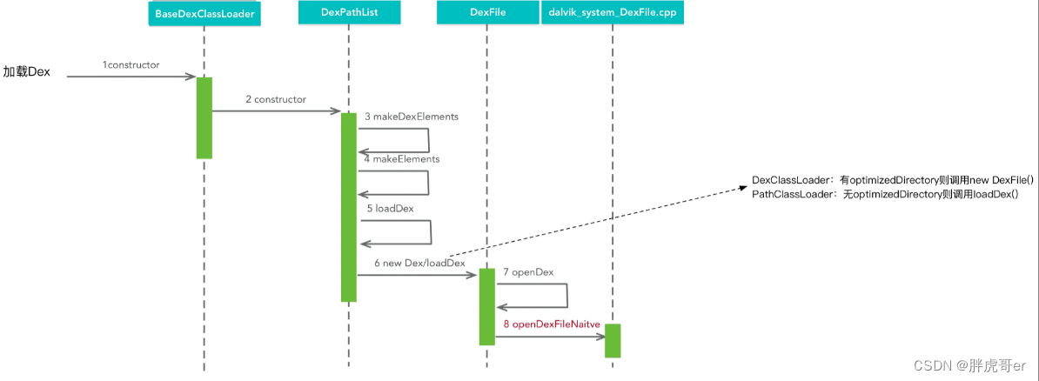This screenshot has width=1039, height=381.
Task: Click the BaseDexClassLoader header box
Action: point(204,12)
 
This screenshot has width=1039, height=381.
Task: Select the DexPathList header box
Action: point(348,12)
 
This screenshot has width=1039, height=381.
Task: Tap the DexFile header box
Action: point(486,12)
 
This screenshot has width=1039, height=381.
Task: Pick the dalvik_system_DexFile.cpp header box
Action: point(612,12)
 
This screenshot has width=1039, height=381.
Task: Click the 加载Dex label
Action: point(26,72)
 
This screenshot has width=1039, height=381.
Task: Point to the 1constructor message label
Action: point(131,65)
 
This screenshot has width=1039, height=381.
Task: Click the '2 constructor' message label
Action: point(276,99)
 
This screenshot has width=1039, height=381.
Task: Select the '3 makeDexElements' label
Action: point(412,117)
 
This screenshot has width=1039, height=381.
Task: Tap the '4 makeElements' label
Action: point(401,160)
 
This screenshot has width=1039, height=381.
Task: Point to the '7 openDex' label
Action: point(529,272)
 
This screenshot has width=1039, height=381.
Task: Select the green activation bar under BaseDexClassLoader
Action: point(204,118)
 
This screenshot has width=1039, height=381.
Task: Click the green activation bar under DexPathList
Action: point(349,207)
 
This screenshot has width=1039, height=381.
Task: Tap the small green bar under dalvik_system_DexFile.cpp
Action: point(613,341)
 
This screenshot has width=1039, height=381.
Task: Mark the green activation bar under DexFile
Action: point(487,307)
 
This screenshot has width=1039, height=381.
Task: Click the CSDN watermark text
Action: point(969,365)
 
